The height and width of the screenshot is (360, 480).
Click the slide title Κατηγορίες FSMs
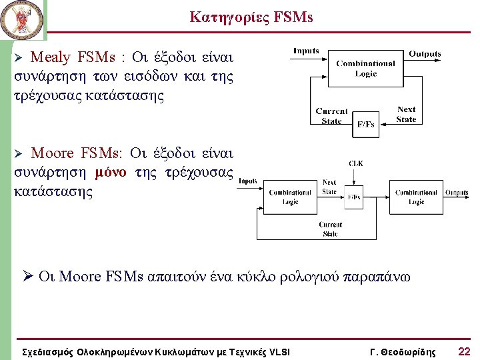point(251,17)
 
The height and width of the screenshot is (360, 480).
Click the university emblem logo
point(22,20)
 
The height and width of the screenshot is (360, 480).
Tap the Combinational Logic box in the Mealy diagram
point(365,69)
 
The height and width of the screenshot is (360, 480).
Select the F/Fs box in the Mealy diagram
point(365,124)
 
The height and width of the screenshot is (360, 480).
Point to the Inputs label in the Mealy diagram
point(306,51)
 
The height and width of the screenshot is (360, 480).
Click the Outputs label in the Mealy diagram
point(425,53)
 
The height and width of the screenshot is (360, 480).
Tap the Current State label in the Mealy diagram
point(331,116)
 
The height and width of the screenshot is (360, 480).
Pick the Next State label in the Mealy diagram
point(406,114)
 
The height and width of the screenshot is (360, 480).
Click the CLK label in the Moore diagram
point(355,163)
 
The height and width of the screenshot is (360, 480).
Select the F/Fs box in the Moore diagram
point(355,197)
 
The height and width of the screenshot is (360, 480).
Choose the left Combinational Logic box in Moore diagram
point(290,197)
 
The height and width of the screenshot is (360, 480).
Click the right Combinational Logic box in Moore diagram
point(416,197)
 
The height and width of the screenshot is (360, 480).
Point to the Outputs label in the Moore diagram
point(457,193)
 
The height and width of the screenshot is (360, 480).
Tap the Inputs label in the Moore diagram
point(248,181)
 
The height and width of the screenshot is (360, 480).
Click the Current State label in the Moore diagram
point(330,229)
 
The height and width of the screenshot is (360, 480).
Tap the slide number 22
point(465,351)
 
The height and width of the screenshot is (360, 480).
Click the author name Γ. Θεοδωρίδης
point(402,351)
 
